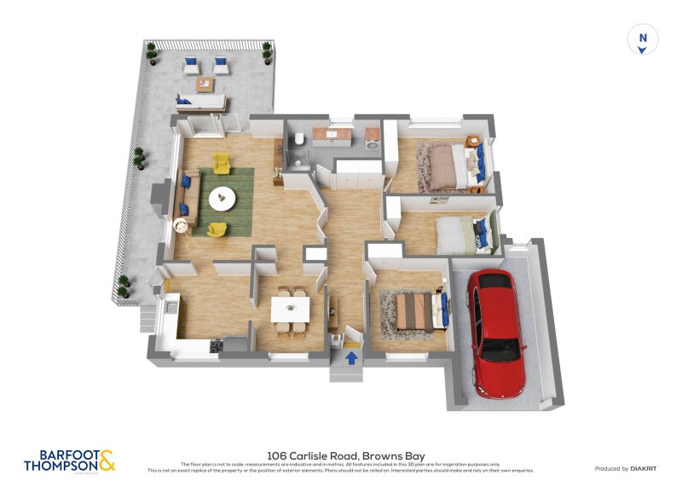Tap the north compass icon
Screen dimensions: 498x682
coord(643,39)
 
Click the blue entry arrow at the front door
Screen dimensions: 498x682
coord(350,358)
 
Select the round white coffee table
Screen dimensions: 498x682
coord(223,198)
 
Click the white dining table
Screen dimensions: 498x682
coord(290,310)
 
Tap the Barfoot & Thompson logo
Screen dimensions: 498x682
coord(69,460)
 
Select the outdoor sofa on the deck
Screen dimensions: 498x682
coord(201,102)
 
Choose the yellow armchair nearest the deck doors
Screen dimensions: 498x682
coord(222,161)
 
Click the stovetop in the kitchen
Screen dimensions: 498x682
coord(217,345)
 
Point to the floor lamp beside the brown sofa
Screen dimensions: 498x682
coord(181,226)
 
